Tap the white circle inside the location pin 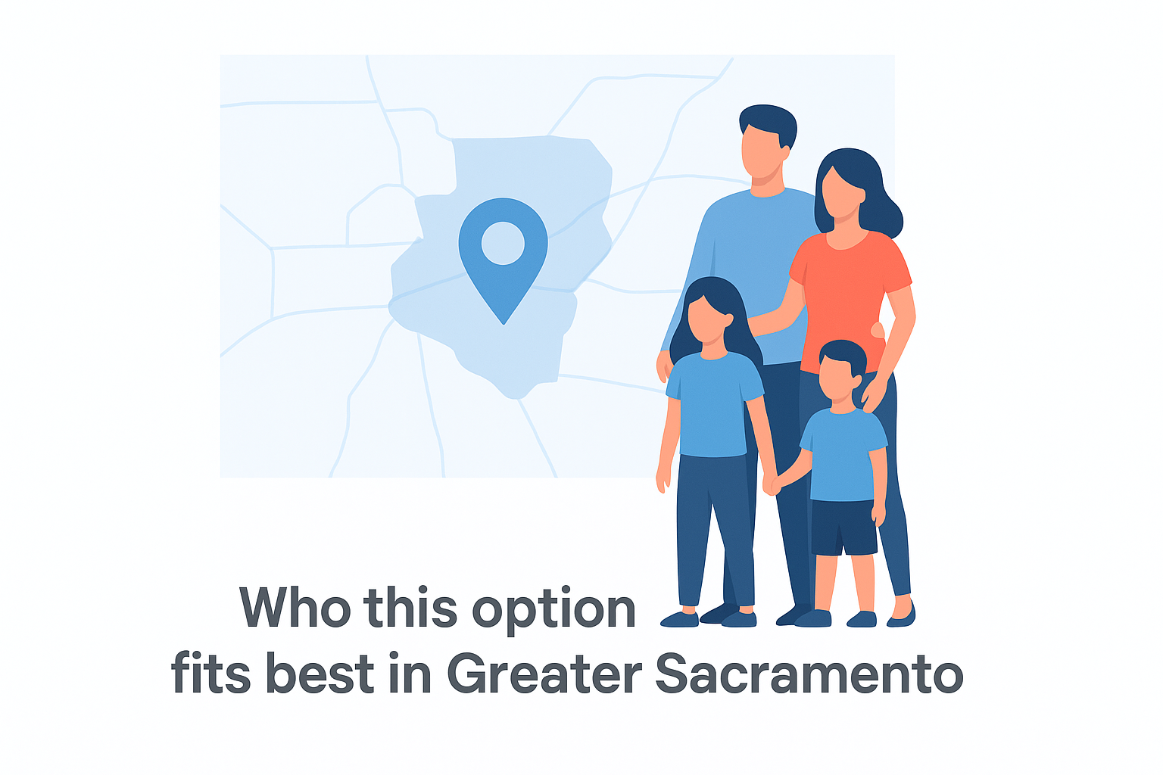[x=503, y=243]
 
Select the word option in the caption [x=554, y=610]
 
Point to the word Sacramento [x=809, y=674]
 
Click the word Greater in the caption [x=544, y=674]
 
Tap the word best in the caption [x=320, y=673]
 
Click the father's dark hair [x=769, y=123]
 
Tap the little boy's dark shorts [x=843, y=527]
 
